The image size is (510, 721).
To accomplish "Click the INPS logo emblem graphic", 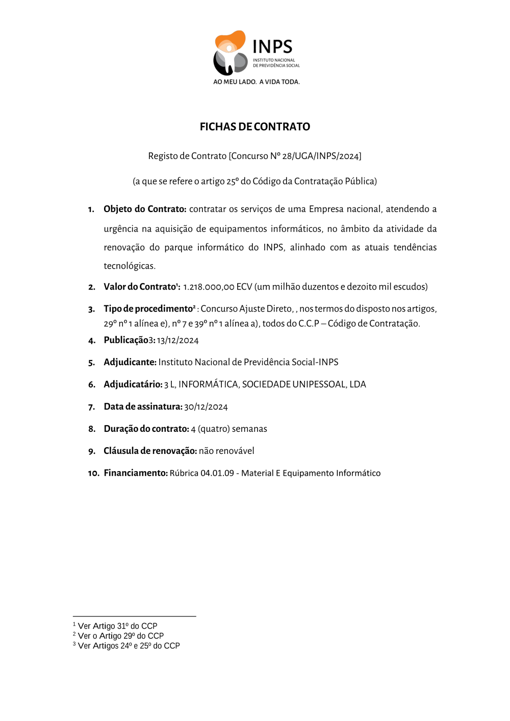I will tap(230, 53).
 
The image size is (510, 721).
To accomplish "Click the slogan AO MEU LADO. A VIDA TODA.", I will tap(256, 82).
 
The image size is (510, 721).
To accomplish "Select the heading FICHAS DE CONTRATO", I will tap(254, 126).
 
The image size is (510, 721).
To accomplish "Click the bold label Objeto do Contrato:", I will tap(145, 209).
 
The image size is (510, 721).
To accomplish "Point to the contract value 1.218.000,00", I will tap(208, 287).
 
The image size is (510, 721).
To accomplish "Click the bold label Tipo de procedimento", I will tap(148, 308).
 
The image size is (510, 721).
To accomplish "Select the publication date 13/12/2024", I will tap(177, 341).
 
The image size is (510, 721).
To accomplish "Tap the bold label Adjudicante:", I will tap(130, 362).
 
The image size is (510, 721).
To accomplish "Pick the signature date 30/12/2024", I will tap(206, 407).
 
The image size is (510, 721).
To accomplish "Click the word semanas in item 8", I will tap(249, 429).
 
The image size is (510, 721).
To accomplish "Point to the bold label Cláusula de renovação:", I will tap(150, 451).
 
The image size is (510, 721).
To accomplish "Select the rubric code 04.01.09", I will tap(217, 473).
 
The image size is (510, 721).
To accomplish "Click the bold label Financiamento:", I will tap(136, 473).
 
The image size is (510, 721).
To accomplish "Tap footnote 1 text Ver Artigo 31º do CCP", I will tap(117, 626).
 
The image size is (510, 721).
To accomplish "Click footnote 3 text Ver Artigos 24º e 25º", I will tap(129, 646).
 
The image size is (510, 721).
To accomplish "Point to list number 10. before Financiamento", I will tap(93, 473).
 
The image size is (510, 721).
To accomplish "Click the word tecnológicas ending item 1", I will tap(129, 266).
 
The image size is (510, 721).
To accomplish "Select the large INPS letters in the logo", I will tap(272, 47).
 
